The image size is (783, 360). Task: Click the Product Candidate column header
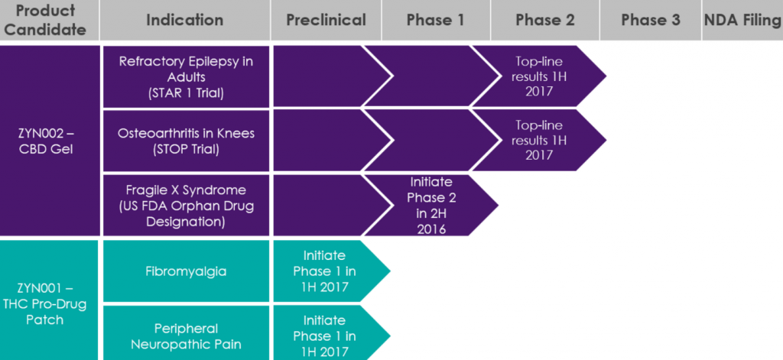coord(49,21)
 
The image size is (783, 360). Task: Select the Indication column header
coord(185,21)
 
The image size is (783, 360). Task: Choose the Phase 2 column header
coord(544,21)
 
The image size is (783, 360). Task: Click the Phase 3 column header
coord(650,21)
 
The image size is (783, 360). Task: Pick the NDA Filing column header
coord(742,21)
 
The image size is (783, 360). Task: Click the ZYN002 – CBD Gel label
coord(49,141)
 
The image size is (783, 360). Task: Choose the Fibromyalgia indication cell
coord(186,271)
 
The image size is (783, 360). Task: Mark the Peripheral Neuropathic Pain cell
coord(186,336)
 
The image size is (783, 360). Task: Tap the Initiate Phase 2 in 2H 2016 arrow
coord(430,205)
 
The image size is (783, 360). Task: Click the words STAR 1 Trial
coord(186,92)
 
